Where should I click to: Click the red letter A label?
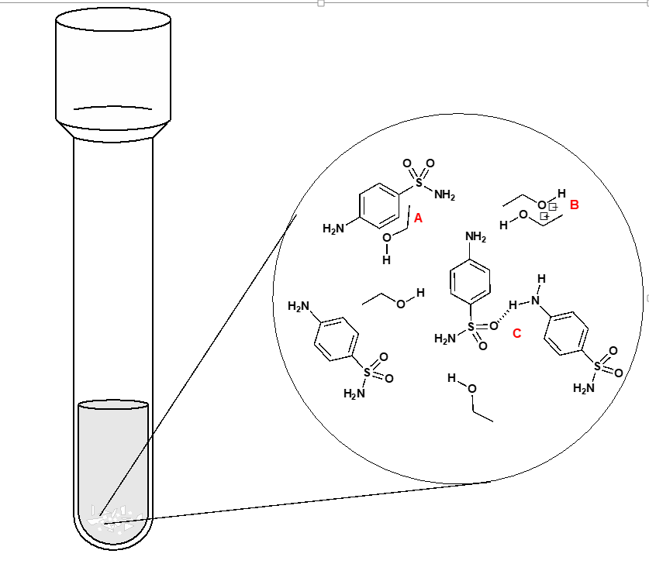tap(418, 218)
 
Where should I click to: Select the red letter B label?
tap(574, 205)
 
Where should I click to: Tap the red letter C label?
tap(517, 334)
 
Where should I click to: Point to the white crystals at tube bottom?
tap(112, 519)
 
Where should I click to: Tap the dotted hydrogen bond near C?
tap(502, 315)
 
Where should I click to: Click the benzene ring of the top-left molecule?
tap(380, 205)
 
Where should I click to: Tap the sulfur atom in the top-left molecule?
tap(419, 182)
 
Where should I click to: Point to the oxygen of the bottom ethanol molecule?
tap(472, 388)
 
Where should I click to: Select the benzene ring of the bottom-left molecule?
tap(337, 338)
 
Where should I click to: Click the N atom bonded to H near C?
tap(535, 300)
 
